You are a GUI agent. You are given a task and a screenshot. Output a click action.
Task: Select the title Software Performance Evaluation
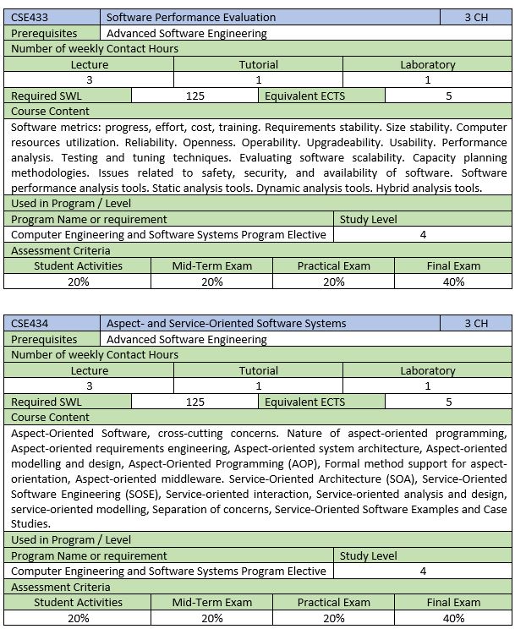191,17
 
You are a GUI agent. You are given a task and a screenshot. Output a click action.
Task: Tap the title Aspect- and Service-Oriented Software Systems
227,323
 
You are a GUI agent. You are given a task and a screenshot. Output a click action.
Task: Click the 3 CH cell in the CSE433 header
476,17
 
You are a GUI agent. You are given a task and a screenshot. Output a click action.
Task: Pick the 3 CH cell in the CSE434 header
476,323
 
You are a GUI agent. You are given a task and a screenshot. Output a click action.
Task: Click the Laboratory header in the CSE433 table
427,64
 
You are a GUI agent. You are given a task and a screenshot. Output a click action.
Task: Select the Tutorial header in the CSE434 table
258,370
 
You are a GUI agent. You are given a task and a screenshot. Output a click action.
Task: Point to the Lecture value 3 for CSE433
89,79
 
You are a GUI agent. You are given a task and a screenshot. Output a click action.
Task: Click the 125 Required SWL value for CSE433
194,96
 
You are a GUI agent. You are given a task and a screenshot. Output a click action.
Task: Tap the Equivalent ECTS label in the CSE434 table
304,402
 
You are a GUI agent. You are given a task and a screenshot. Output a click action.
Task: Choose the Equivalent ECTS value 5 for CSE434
449,402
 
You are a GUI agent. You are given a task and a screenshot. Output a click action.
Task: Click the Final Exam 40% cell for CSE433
453,282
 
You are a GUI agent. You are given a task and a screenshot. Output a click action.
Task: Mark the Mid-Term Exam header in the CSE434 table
212,603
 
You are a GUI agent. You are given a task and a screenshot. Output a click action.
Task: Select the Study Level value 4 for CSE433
423,234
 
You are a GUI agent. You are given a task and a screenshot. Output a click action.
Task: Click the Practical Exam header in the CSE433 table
333,265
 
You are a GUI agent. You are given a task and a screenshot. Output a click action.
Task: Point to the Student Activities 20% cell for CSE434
79,618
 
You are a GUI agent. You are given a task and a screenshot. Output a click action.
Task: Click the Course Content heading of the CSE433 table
50,111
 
